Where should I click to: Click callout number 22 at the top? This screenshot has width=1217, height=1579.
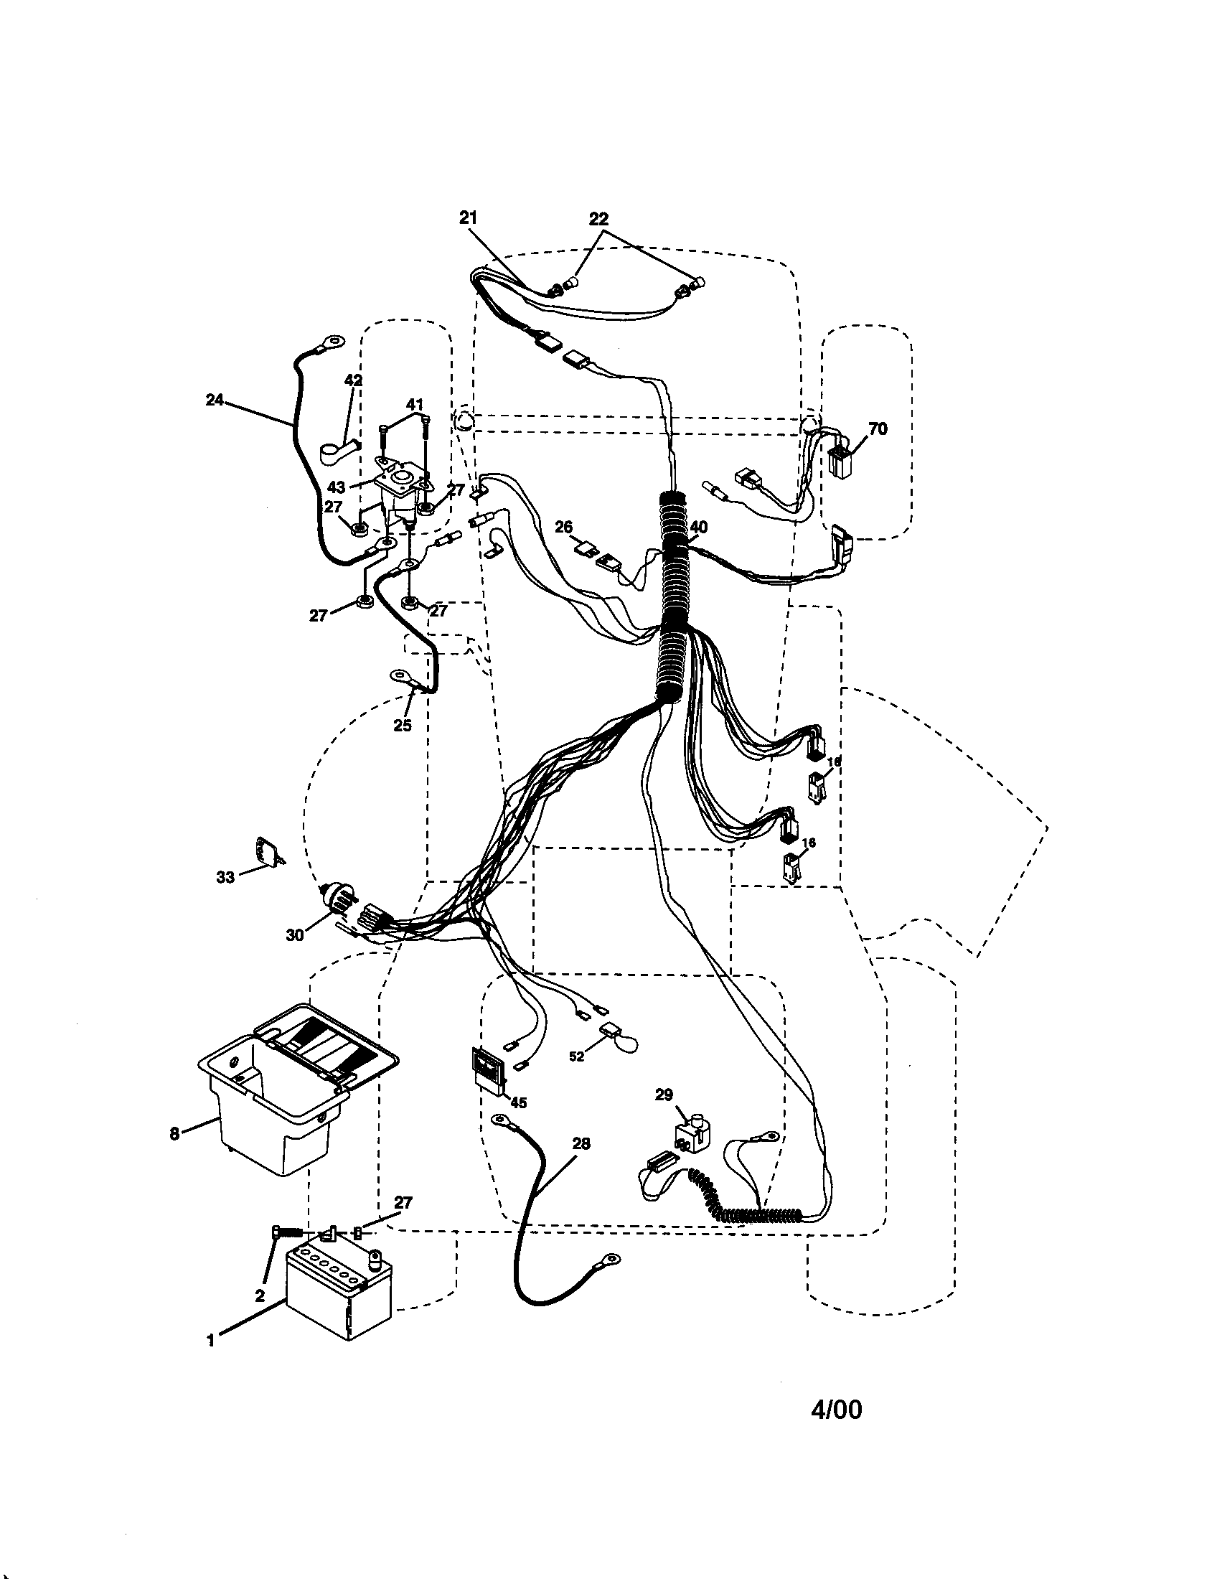(598, 218)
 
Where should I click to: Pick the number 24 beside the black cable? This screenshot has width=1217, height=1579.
(215, 400)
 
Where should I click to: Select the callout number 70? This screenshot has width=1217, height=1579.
(878, 429)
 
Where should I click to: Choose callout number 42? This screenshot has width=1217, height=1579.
(353, 380)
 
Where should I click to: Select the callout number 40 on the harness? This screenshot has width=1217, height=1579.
(698, 528)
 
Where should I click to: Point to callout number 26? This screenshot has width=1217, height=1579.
(564, 528)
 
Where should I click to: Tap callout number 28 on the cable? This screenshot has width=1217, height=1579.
(581, 1144)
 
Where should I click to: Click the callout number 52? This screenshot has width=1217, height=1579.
(576, 1056)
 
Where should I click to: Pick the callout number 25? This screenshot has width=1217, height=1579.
(403, 725)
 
